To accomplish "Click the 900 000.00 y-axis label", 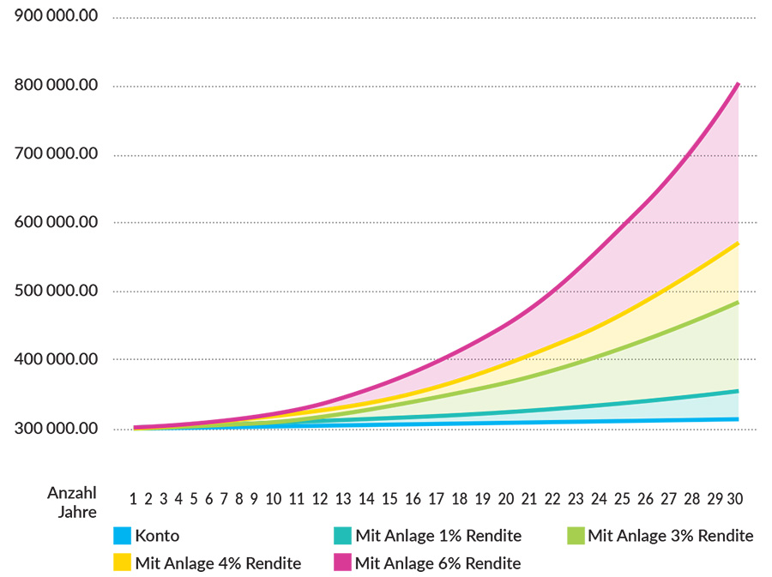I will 57,17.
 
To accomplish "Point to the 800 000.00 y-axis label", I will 57,86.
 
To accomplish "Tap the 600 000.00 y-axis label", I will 57,223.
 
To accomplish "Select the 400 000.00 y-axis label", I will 57,360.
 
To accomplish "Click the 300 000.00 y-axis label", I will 57,429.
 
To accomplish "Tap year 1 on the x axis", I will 134,498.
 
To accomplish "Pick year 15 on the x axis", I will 389,498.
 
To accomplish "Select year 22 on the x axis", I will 552,498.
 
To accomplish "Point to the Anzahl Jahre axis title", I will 71,502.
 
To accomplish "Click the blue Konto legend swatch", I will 122,537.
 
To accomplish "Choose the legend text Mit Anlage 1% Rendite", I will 437,537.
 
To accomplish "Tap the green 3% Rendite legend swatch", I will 576,537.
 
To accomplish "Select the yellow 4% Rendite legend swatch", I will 122,563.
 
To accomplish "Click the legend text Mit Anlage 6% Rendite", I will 437,563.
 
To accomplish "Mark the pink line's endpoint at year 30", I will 738,84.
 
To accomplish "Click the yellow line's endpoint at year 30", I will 738,243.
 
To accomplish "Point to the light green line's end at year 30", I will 738,303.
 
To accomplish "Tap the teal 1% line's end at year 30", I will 738,391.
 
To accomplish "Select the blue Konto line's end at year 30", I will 738,419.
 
